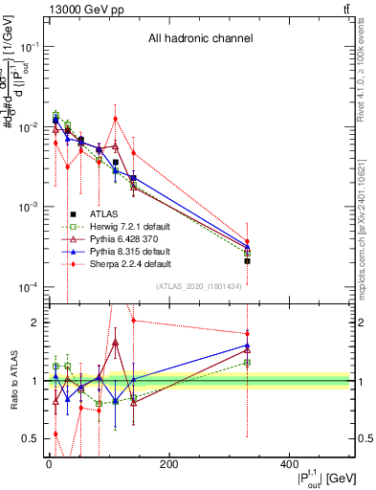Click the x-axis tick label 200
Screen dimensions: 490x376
[168, 466]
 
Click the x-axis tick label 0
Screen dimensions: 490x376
[48, 466]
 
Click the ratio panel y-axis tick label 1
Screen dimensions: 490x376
[33, 381]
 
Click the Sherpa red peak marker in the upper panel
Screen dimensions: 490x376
[116, 119]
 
